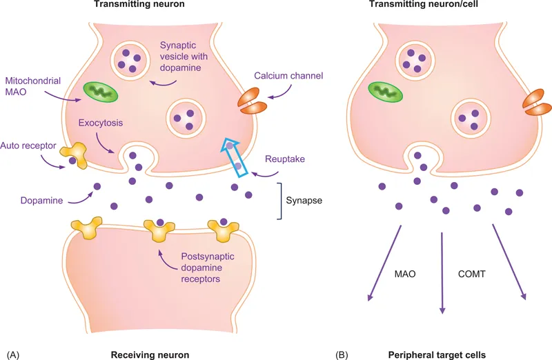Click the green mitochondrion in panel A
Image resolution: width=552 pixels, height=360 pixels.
pyautogui.click(x=100, y=92)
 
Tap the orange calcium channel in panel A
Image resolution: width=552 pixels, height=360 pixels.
pyautogui.click(x=252, y=101)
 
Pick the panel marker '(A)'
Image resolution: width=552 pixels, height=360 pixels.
pyautogui.click(x=14, y=354)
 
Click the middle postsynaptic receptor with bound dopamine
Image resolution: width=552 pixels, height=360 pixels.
pyautogui.click(x=159, y=231)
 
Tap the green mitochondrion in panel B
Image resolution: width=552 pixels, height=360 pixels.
pyautogui.click(x=386, y=92)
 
